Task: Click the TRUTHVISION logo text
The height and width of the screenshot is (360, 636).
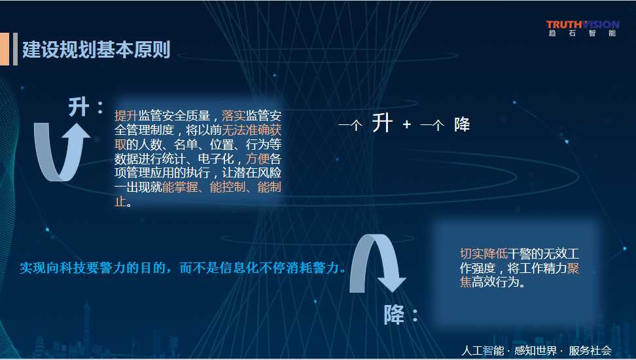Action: pos(582,25)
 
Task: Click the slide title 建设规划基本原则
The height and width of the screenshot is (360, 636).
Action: pos(96,50)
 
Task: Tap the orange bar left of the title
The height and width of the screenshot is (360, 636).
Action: pos(5,48)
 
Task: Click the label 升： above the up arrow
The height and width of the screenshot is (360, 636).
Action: pos(86,107)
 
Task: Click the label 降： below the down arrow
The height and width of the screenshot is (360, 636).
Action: pos(400,315)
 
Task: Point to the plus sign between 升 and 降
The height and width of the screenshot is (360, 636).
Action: pos(407,124)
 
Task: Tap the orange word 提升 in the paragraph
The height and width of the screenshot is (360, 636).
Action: pos(126,116)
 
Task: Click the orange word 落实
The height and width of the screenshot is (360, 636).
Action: pos(234,116)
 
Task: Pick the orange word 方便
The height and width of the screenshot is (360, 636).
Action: pos(258,158)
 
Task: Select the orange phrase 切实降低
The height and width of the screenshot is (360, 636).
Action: pos(484,254)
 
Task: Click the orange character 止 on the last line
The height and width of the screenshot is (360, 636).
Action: pos(120,202)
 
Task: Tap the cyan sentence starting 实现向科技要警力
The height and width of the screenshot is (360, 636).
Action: pos(183,268)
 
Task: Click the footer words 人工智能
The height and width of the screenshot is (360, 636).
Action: pos(483,351)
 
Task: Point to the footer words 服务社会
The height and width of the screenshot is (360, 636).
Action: pos(590,351)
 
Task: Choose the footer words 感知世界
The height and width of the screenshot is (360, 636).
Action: pos(535,351)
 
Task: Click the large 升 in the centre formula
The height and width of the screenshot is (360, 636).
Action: pos(383,124)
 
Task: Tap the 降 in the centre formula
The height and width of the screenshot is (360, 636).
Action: pos(462,124)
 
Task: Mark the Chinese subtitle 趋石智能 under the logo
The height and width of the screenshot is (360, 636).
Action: pos(582,33)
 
